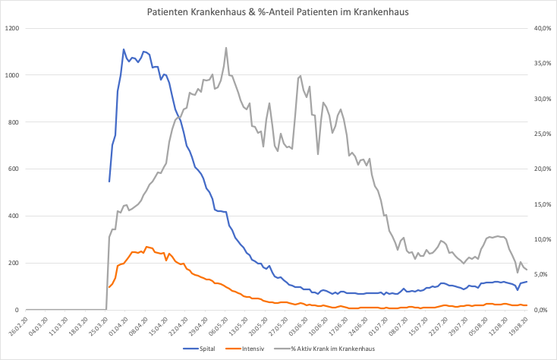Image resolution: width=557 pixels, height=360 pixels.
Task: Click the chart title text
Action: coord(278,13)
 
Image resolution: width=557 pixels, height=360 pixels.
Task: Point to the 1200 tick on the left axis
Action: coord(13,28)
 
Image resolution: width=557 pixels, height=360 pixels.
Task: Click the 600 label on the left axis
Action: coord(15,169)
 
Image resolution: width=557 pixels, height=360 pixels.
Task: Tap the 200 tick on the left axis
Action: coord(15,263)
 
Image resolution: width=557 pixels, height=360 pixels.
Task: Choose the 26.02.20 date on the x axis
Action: coord(27,325)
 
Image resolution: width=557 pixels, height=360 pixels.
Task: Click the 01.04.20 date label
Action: coord(117,325)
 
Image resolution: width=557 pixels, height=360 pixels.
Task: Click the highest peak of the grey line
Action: coord(226,48)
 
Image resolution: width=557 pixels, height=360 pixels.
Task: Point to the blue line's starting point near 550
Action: coord(109,182)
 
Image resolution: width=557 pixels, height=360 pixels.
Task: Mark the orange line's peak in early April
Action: coord(146,247)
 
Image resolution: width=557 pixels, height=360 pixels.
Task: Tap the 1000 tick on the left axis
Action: coord(13,75)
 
